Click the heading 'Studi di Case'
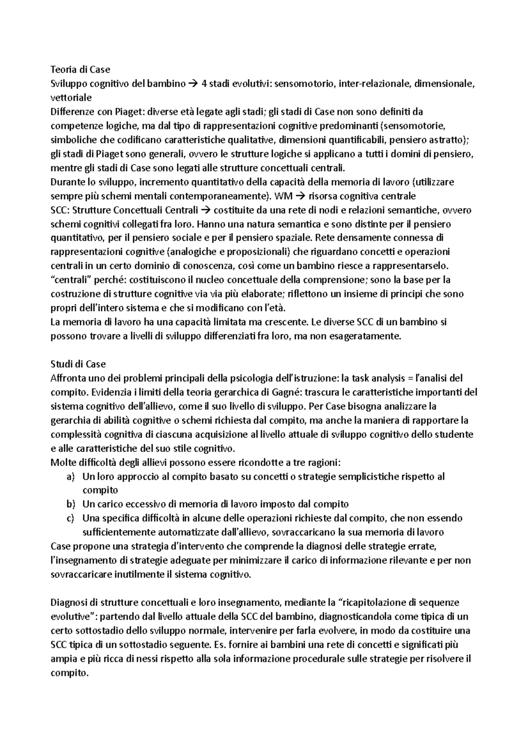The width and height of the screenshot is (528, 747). coord(78,364)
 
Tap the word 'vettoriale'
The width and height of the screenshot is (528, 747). coord(71,98)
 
